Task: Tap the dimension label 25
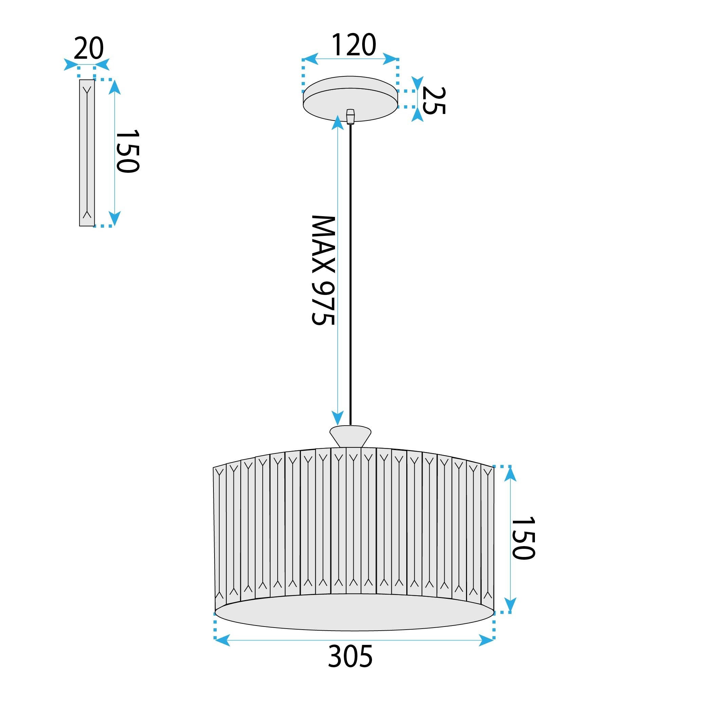point(434,100)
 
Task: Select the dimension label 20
point(89,48)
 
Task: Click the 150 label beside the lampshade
point(524,538)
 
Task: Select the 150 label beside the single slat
point(128,151)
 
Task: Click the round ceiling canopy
point(350,98)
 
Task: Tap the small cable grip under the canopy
point(351,116)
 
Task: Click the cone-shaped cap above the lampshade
point(350,436)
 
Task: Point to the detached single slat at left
point(87,153)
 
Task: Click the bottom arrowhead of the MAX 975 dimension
point(337,417)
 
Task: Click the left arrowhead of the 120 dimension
point(310,59)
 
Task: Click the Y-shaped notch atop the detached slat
point(87,90)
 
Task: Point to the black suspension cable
point(351,275)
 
